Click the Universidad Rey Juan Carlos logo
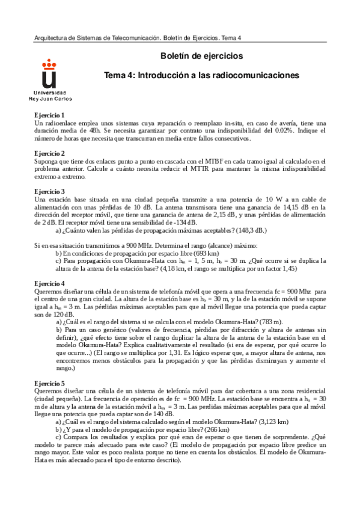click(x=50, y=80)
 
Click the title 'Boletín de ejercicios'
click(x=201, y=55)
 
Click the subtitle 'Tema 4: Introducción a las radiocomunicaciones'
click(x=201, y=76)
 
